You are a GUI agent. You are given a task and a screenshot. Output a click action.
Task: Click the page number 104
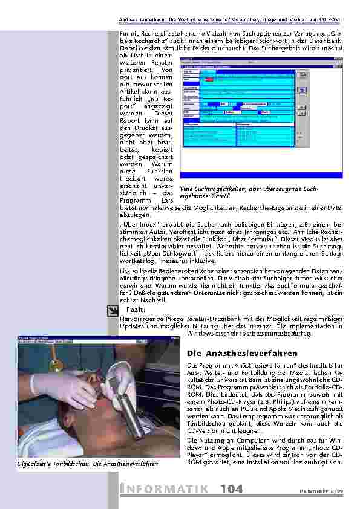[x=232, y=489]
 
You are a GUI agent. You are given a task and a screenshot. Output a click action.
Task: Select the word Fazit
[x=135, y=310]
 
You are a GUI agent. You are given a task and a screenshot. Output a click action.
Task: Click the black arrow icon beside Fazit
[x=112, y=311]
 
